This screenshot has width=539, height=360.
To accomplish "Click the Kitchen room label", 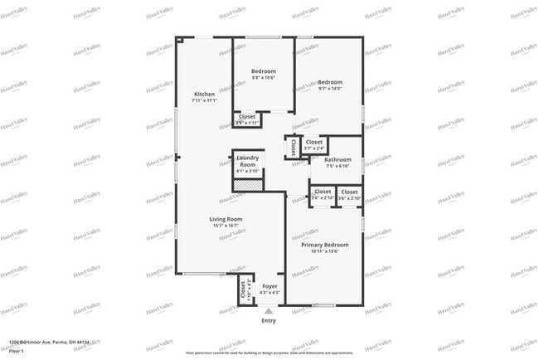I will [x=204, y=94].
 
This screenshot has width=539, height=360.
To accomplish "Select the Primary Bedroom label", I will [x=324, y=245].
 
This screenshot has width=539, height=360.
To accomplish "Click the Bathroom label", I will [x=338, y=159].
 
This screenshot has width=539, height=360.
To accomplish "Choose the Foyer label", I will [x=269, y=286].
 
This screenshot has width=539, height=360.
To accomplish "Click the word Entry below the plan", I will [x=269, y=320].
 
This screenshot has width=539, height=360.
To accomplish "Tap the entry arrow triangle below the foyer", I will [x=269, y=311].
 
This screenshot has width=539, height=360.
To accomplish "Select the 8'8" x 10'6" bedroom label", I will [x=264, y=71].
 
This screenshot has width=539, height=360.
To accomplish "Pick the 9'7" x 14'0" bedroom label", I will [x=330, y=82].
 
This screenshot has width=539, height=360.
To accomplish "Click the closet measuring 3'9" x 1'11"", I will [x=247, y=117].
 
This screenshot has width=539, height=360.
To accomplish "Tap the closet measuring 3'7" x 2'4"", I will [x=314, y=142].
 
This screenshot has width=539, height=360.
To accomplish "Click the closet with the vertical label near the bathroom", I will [x=293, y=148].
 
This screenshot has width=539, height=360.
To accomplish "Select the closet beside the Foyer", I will [x=243, y=291].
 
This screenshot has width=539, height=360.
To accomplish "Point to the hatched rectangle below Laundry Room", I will [x=247, y=185].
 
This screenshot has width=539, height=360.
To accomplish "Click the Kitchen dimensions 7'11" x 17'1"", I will [x=204, y=101].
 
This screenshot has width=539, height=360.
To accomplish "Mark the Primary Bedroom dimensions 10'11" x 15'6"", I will [x=324, y=252].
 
